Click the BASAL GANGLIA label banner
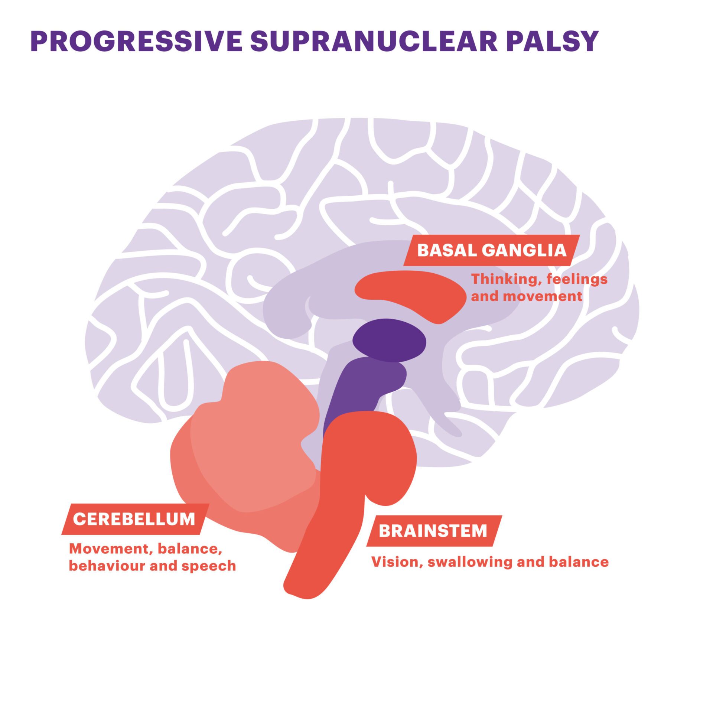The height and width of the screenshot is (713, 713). pos(491,250)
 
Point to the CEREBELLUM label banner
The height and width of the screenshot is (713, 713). pos(134,519)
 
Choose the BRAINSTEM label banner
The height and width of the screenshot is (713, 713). pos(433,531)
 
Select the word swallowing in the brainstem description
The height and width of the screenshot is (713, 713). pos(470,562)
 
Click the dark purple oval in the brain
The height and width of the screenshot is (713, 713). pos(389,340)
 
